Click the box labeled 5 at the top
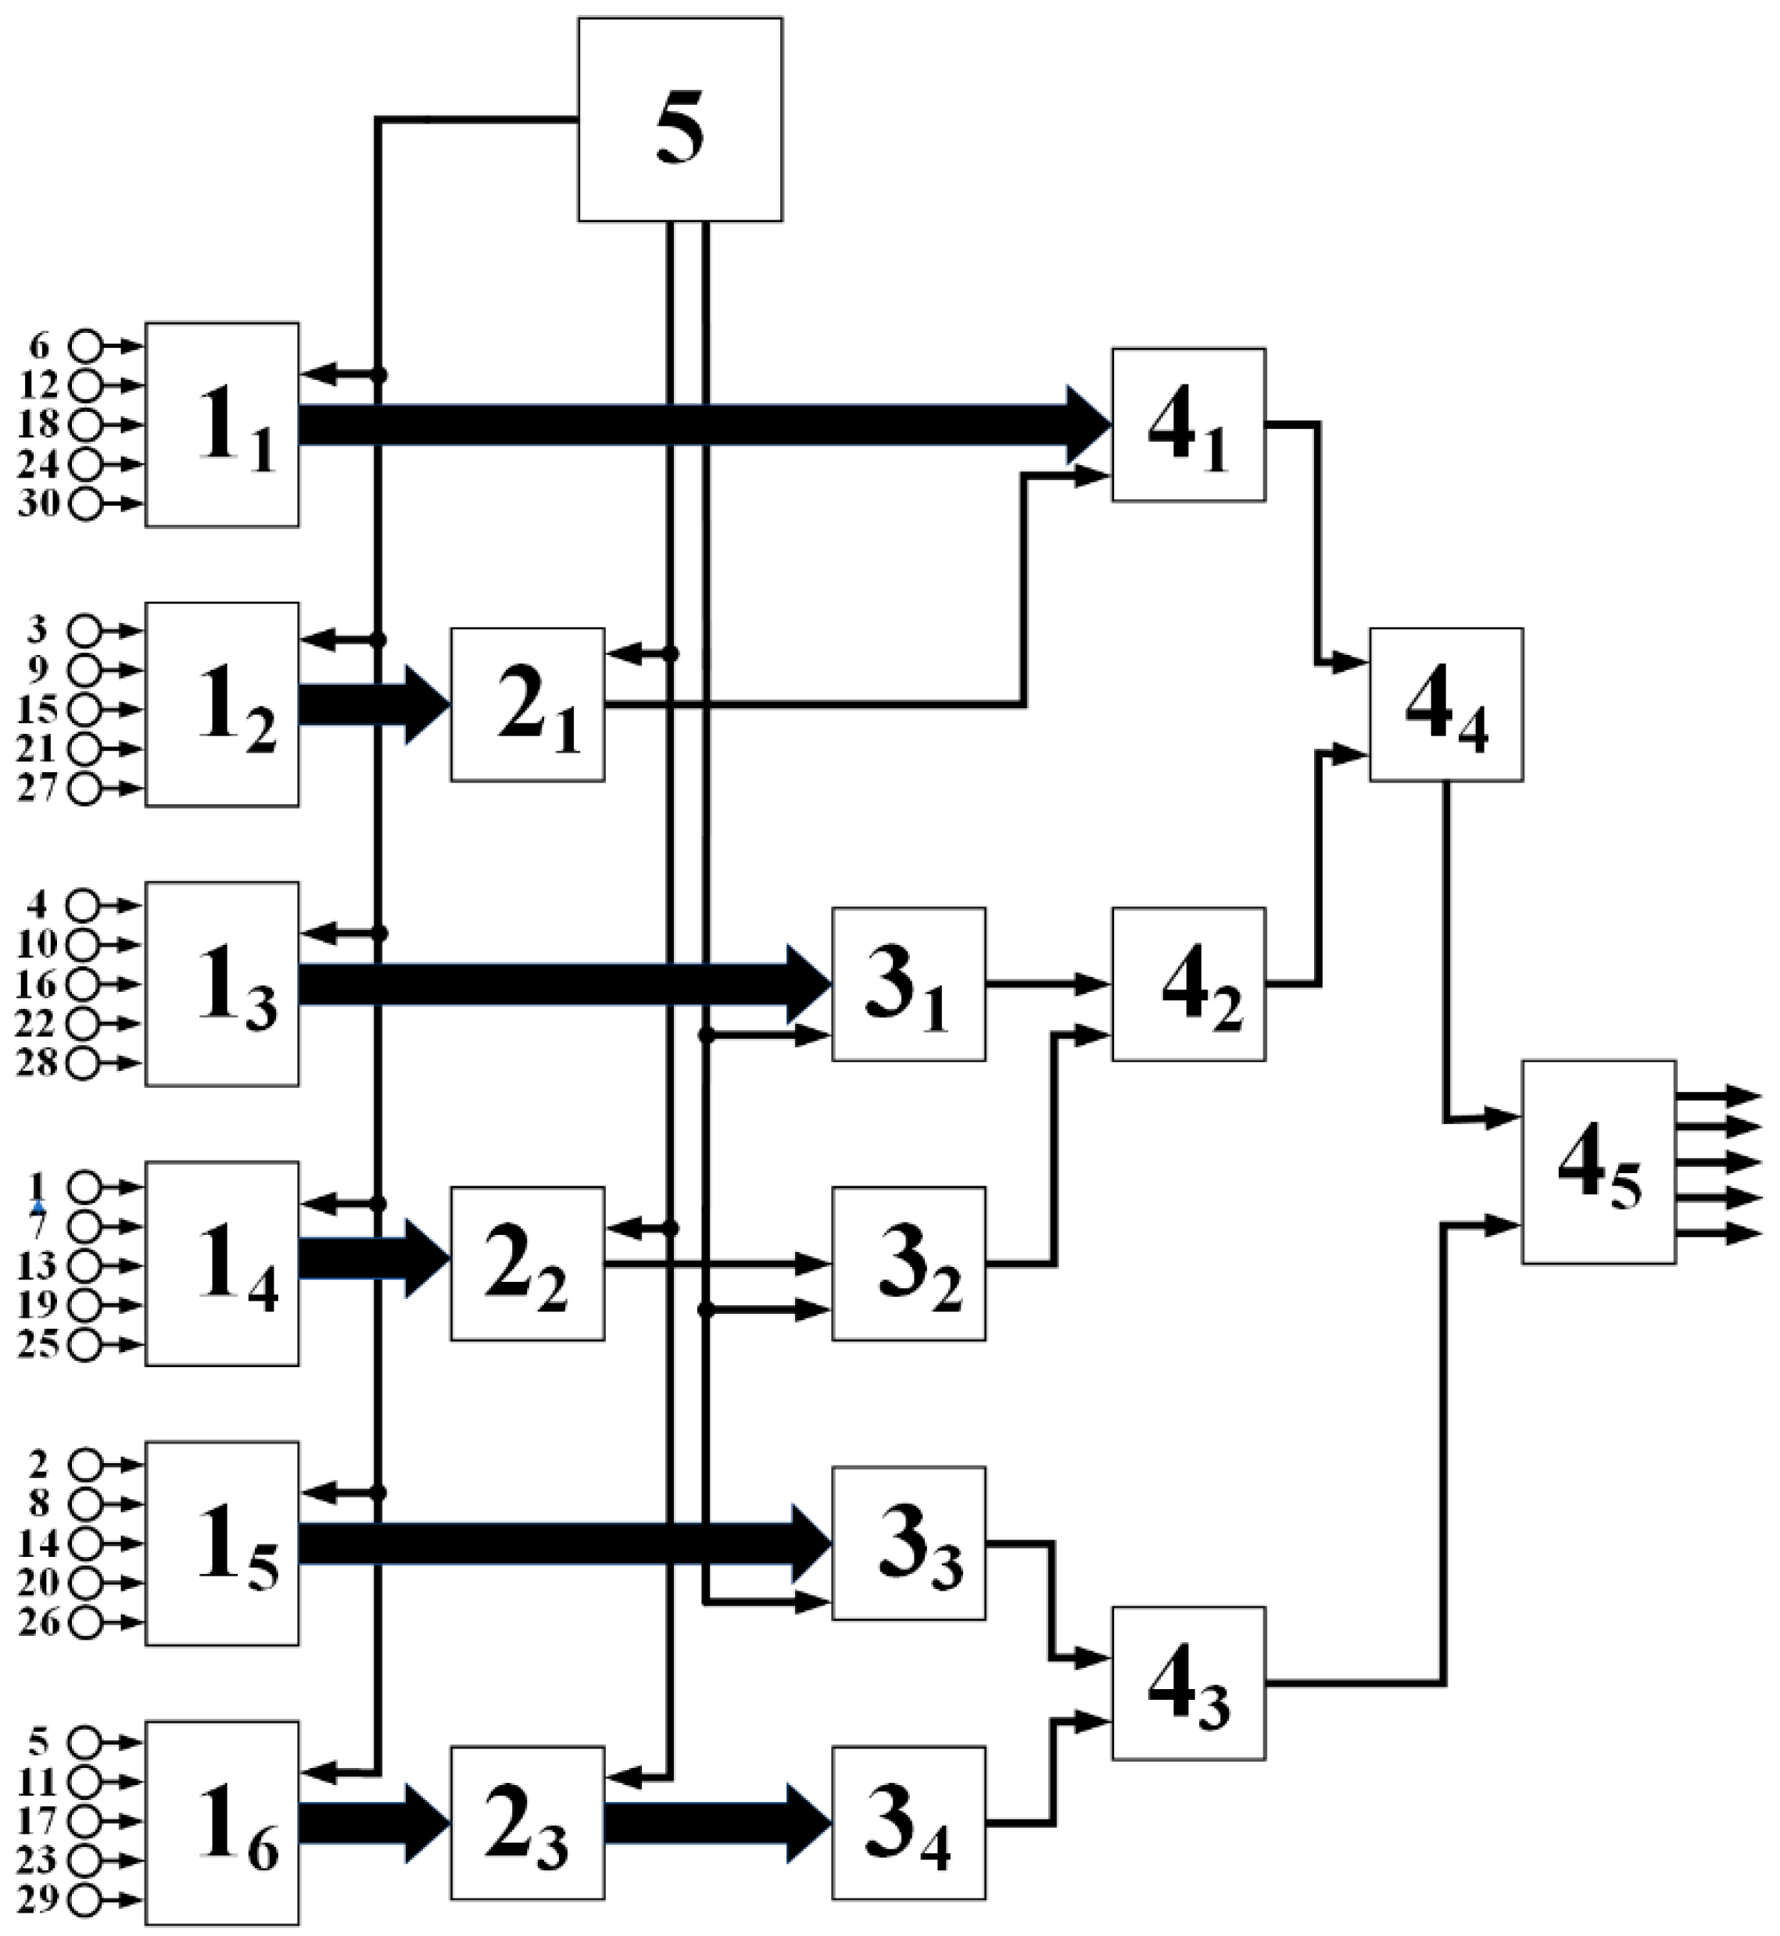click(680, 120)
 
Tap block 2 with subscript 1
click(528, 705)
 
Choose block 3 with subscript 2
click(908, 1264)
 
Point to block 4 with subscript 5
click(1599, 1162)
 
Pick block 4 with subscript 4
click(1445, 705)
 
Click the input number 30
click(38, 504)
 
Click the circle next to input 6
click(87, 344)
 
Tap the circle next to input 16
click(84, 984)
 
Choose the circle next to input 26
click(84, 1622)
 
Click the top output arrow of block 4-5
click(1719, 1095)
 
